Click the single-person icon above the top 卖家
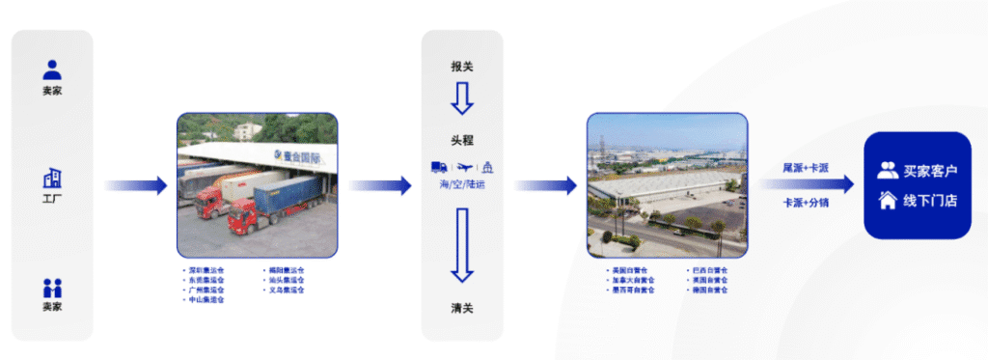(52, 69)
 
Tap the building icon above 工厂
(52, 179)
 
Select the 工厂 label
(52, 199)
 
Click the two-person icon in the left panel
(52, 288)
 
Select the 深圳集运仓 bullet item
(206, 270)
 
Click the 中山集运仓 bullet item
(206, 299)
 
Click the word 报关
(462, 67)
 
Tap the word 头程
(462, 140)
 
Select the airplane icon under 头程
(463, 166)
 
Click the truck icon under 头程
(439, 166)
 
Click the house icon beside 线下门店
(888, 201)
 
